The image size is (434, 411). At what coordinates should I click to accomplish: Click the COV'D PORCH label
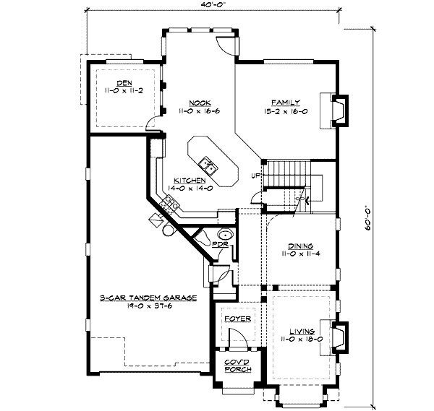coord(237,365)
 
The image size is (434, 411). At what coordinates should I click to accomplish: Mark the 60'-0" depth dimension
coord(368,217)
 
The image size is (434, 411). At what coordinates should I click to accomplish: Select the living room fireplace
coord(339,337)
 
